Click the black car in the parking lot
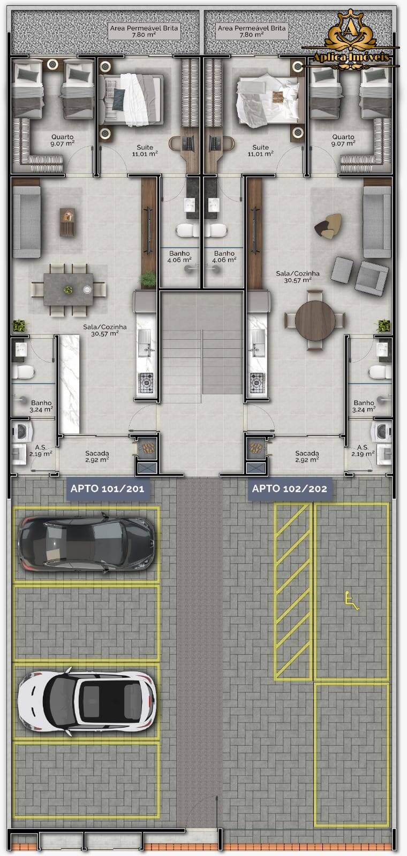coord(87,543)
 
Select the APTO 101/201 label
coord(107,488)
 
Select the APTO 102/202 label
coord(289,488)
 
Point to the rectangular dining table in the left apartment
coord(68,289)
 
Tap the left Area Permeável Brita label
coord(144,31)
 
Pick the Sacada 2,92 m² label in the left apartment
coord(97,456)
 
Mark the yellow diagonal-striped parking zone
coord(293,591)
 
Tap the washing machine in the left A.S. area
coord(20,431)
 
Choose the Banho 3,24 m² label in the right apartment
coord(364,406)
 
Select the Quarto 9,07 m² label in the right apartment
coord(343,140)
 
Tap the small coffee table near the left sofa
coord(67,221)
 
